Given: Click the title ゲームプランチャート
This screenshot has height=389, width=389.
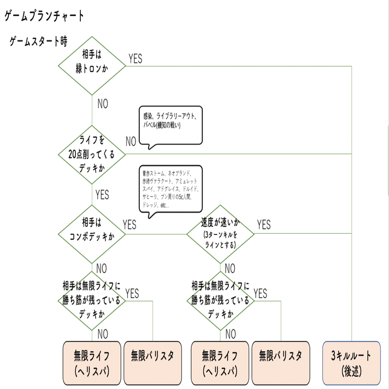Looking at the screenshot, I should tap(44, 16).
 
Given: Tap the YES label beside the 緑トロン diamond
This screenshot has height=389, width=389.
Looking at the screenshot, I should tap(135, 58).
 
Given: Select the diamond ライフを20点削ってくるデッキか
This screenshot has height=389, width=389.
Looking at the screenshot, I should tap(92, 154).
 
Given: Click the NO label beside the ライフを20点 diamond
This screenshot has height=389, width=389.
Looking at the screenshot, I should tap(131, 142).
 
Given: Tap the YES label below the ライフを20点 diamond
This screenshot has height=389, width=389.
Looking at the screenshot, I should tap(102, 194).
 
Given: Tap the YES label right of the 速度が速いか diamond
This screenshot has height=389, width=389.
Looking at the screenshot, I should tap(263, 225).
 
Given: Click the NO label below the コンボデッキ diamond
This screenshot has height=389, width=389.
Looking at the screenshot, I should tap(102, 268).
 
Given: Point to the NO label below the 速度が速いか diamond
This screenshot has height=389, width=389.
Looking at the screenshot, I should tap(230, 268).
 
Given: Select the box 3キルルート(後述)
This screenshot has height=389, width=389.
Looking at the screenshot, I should tap(351, 363).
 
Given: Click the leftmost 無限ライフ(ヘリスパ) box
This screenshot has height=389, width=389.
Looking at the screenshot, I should tap(92, 363).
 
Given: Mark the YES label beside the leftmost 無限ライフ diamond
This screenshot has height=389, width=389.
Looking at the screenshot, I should tap(132, 294).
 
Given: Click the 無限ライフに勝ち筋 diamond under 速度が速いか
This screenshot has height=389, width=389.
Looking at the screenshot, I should tap(220, 300).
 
